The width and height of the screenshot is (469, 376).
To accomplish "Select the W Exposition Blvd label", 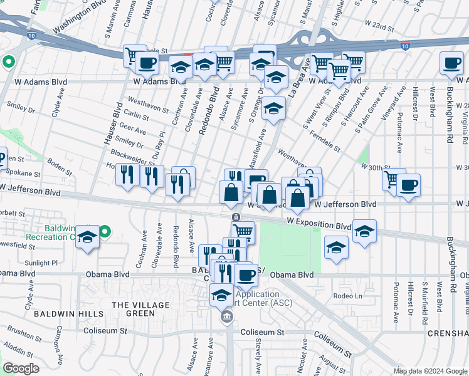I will [319, 224].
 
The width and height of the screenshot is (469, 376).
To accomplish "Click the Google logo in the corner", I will [21, 368].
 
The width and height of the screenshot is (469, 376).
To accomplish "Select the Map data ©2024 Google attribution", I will [429, 371].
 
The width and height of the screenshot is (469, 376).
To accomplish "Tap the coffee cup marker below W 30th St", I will [409, 185].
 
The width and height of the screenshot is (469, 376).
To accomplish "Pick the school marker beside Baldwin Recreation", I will [88, 237].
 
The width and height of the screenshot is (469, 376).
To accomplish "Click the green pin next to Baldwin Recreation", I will [105, 232].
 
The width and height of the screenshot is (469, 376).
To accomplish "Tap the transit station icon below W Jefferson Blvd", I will [234, 217].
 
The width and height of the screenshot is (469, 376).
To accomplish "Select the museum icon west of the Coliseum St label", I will [226, 318].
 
